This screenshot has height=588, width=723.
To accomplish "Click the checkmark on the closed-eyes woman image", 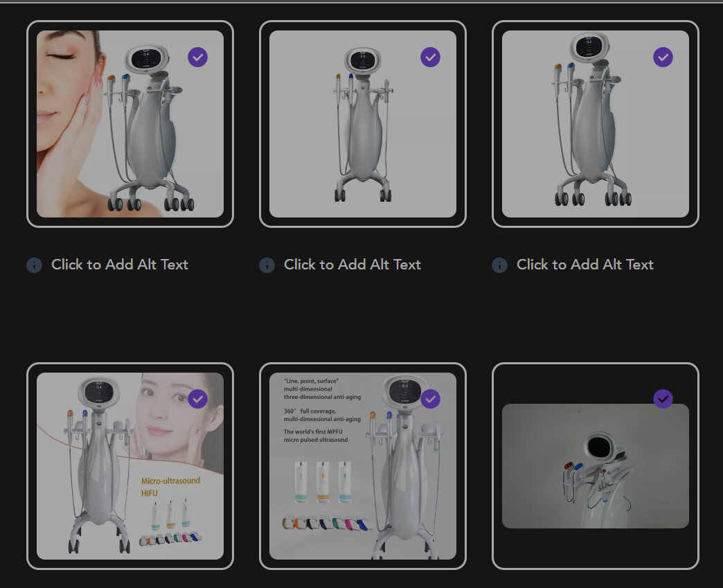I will click(197, 57).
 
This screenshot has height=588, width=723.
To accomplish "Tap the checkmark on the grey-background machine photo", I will click(663, 398).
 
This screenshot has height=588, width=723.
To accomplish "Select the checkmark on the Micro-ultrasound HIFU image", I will click(197, 398).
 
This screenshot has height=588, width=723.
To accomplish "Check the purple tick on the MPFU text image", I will click(430, 398).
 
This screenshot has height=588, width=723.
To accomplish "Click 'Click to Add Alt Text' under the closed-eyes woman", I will click(119, 265).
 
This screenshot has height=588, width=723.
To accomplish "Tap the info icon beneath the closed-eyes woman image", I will click(34, 265).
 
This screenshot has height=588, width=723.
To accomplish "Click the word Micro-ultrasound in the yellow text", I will click(170, 481).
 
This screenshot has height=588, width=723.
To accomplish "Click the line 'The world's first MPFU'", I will click(316, 431).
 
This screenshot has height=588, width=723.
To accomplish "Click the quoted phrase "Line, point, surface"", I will click(311, 381).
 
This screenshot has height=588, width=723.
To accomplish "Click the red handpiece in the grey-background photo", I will click(569, 466).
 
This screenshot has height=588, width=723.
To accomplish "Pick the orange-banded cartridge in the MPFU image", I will click(321, 483).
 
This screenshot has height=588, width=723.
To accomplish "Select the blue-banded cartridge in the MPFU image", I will click(343, 483).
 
